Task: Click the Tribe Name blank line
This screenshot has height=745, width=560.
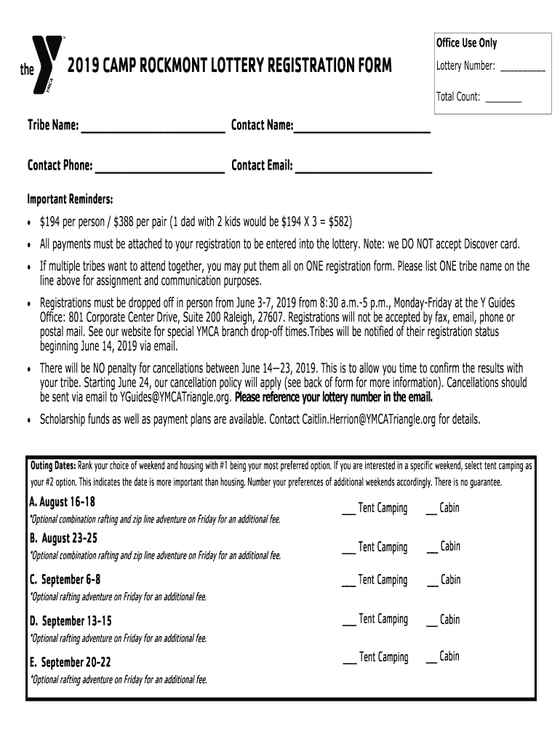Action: tap(153, 132)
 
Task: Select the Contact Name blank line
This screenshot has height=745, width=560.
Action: tap(361, 132)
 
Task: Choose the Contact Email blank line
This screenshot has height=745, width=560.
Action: tap(363, 172)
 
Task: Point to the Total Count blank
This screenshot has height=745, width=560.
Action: tap(503, 100)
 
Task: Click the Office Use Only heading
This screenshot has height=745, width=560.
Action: tap(466, 43)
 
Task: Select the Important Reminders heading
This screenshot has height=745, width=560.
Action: tap(70, 199)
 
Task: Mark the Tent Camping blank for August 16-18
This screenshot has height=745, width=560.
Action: tap(348, 512)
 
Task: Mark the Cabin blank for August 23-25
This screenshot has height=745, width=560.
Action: tap(432, 551)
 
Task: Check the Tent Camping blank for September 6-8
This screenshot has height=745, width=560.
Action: tap(348, 584)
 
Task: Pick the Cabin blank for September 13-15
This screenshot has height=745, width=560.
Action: tap(432, 624)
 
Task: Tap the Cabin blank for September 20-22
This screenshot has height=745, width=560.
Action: tap(431, 661)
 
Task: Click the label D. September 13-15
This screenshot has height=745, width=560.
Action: tap(70, 621)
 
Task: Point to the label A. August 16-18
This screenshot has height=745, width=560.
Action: tap(62, 503)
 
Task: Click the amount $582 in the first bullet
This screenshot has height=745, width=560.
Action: tap(340, 221)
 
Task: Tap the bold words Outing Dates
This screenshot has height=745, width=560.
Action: tap(52, 466)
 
